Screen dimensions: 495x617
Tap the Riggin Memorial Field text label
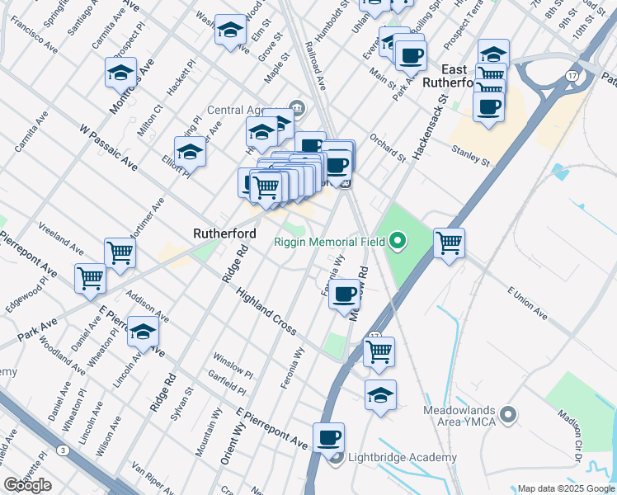pos(331,242)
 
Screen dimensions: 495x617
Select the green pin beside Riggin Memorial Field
pos(398,242)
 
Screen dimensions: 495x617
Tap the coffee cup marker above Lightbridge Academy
pos(328,438)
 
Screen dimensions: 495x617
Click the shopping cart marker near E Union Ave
pos(450,243)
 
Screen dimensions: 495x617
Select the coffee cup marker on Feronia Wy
pos(344,294)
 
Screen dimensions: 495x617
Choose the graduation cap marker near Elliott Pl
pos(190,152)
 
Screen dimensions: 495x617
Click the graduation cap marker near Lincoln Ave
pos(143,332)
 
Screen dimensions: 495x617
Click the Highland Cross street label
pos(266,311)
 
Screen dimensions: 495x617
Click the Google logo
pos(28,485)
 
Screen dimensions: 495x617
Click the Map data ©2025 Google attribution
pos(566,488)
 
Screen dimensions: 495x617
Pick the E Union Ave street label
pos(528,304)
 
